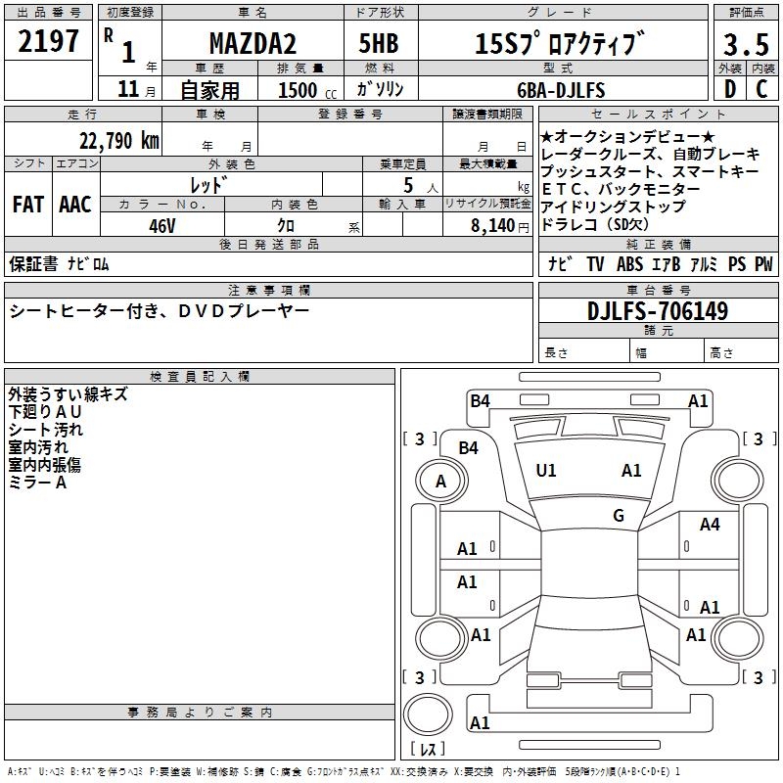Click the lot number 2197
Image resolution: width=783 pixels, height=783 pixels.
pos(49,41)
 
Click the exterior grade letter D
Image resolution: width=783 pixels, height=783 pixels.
pos(729,88)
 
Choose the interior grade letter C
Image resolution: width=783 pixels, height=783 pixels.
pos(761,88)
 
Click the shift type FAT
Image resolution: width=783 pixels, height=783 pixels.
pos(27,205)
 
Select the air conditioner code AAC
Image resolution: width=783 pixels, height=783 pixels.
pos(74,205)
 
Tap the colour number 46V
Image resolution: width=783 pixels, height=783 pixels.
pos(161,225)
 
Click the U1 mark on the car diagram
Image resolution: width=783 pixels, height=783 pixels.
pos(546,471)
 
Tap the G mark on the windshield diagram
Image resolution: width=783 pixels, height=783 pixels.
pos(619,516)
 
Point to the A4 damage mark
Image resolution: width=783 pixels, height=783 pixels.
pos(710,526)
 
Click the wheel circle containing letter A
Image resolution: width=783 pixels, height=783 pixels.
pos(440,482)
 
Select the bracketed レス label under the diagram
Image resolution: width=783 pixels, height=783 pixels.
pos(427,749)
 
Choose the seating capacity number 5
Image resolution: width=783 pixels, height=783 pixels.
pos(405,184)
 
